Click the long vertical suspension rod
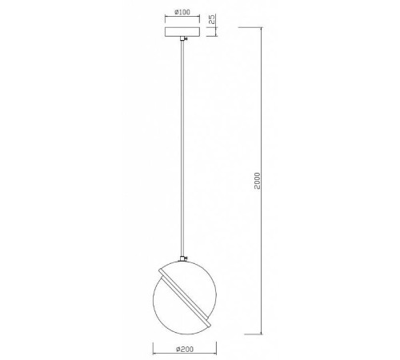(x=185, y=144)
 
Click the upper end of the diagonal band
(x=162, y=270)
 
